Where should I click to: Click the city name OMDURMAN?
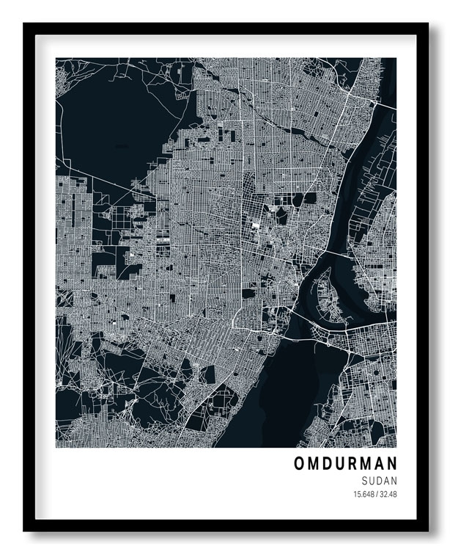coord(345,463)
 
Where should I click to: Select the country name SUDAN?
coord(380,480)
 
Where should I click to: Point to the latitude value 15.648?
coord(364,494)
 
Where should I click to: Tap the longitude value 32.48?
coord(388,494)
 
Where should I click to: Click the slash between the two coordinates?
coord(377,494)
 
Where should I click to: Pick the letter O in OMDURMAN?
coord(300,463)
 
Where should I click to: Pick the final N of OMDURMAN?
coord(391,463)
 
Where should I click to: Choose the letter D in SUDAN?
coord(380,480)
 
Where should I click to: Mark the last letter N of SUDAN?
coord(394,480)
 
